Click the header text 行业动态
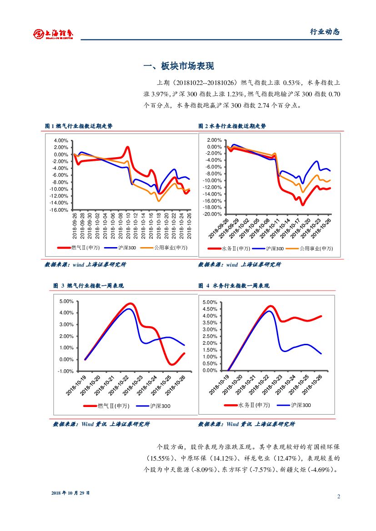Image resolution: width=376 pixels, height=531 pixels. pos(325,31)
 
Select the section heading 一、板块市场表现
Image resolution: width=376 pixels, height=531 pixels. pos(178,66)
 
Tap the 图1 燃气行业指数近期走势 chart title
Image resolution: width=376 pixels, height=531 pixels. pos(79,126)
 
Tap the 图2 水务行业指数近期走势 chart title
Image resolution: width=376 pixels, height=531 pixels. pos(232,126)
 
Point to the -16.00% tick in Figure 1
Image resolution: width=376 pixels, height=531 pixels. pos(60,210)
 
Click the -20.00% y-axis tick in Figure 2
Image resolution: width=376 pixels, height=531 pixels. pos(213,214)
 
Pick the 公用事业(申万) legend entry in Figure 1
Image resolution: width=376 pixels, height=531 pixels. pos(164,248)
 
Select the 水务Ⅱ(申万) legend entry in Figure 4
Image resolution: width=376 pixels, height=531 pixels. pos(248,405)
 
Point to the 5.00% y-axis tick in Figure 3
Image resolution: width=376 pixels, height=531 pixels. pos(66,301)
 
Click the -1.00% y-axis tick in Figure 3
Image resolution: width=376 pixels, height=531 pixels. pos(66,371)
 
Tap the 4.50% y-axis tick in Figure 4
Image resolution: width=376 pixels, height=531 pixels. pos(210,309)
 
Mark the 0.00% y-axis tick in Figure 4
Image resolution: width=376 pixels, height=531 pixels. pos(210,370)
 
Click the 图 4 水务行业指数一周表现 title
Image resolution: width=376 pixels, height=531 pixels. pos(234,286)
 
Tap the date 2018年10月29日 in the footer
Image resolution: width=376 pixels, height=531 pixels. pos(70,492)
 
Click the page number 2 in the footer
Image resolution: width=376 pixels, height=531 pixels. pos(338,496)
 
